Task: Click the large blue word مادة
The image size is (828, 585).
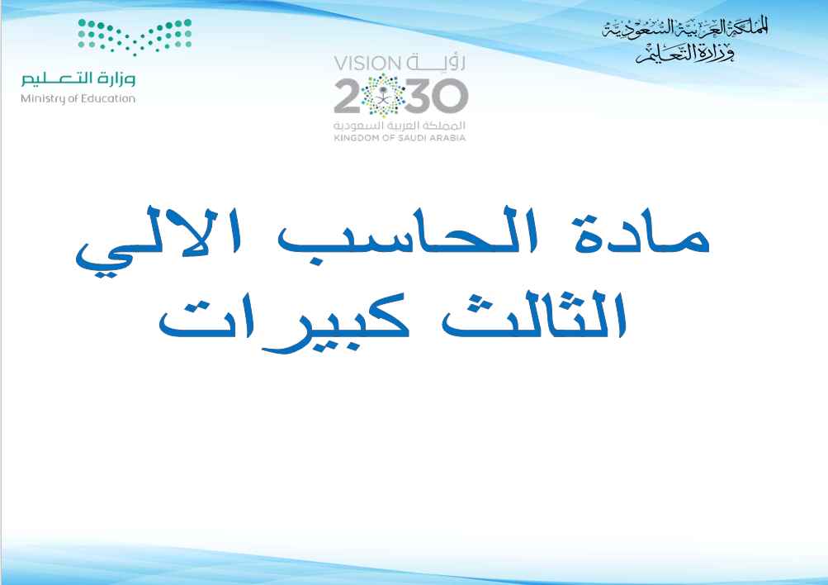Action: point(641,235)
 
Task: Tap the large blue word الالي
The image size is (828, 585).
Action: point(159,241)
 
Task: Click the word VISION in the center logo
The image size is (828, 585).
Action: point(367,64)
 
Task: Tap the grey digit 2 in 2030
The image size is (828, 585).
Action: point(349,97)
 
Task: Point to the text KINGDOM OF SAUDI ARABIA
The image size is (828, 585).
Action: point(400,138)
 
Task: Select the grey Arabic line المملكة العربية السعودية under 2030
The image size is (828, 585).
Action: point(400,126)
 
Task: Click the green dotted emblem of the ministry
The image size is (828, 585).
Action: point(135,36)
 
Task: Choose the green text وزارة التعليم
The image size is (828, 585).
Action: point(78,78)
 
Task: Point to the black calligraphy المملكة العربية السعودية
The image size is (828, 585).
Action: point(685,28)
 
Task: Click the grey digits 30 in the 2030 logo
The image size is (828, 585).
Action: point(437,97)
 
